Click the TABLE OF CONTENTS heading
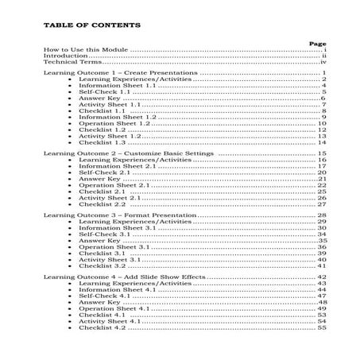click(x=92, y=25)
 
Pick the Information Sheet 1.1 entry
click(x=110, y=87)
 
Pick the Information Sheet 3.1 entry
click(x=110, y=228)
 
